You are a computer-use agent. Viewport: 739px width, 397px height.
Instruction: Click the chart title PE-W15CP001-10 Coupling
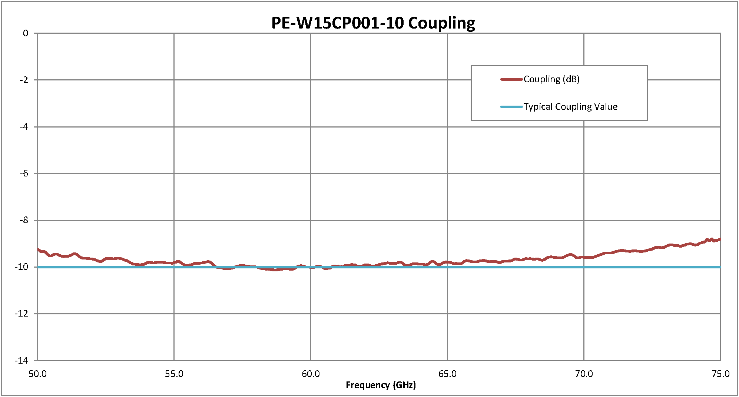[x=373, y=23]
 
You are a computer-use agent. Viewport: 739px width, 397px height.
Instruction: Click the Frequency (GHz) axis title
[x=381, y=385]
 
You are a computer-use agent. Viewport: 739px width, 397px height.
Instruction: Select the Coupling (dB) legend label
[x=551, y=79]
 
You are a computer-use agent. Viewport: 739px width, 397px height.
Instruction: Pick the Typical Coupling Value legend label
[x=570, y=107]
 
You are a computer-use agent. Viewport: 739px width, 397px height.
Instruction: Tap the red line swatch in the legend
[x=511, y=79]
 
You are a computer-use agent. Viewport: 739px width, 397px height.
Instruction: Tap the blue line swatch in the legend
[x=511, y=107]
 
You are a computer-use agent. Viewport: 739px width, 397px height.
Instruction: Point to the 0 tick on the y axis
[x=25, y=33]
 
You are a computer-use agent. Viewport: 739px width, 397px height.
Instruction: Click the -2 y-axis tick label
[x=24, y=80]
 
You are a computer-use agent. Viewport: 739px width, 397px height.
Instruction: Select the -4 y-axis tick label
[x=24, y=127]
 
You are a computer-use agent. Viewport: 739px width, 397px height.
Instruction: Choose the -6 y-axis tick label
[x=24, y=173]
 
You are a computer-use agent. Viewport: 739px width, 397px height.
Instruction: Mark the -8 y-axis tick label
[x=24, y=220]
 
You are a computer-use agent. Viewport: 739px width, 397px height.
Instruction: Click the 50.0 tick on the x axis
[x=37, y=374]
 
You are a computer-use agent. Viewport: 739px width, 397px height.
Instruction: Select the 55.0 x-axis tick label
[x=174, y=374]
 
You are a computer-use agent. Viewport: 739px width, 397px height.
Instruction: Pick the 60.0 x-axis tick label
[x=311, y=374]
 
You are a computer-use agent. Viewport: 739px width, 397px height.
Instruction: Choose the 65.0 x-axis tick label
[x=447, y=374]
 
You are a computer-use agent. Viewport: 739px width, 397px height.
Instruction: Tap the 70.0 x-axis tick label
[x=584, y=374]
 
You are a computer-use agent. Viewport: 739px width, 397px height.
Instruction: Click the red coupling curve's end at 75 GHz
[x=720, y=239]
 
